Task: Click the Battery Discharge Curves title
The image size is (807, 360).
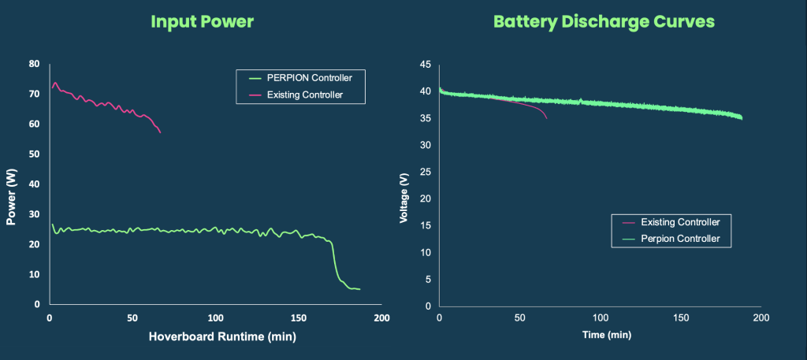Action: tap(604, 21)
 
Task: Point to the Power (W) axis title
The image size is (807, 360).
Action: tap(12, 199)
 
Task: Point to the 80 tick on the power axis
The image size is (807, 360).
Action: tap(34, 64)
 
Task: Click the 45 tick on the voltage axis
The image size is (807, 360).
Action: tap(425, 65)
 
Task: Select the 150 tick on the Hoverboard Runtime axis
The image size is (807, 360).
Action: tap(298, 318)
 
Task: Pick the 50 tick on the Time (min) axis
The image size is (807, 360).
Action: tap(519, 318)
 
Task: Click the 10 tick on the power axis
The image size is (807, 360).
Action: tap(34, 274)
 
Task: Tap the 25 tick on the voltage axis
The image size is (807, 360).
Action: tap(425, 173)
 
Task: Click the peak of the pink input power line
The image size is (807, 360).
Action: tap(55, 83)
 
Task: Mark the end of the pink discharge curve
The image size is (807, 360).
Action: tap(547, 118)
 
